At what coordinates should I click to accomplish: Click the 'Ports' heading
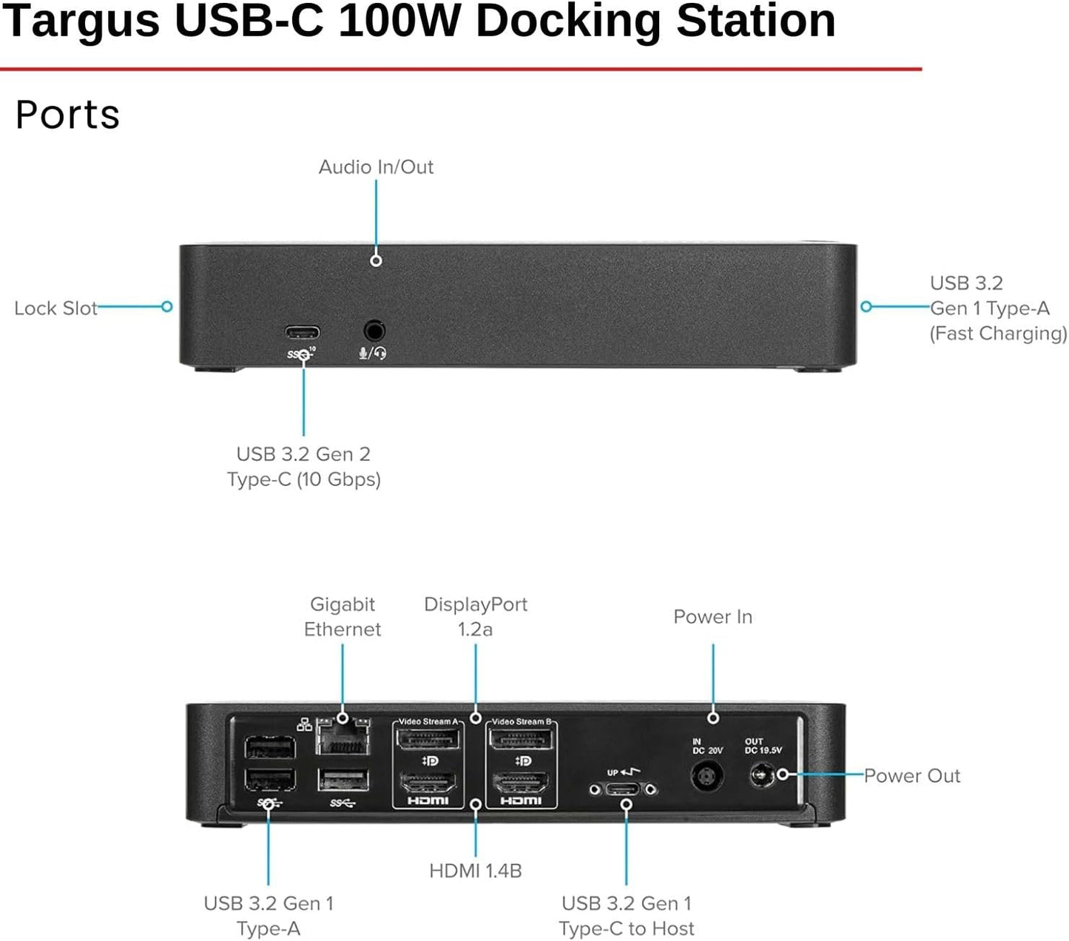pos(67,115)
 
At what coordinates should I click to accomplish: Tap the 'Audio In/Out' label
pos(376,167)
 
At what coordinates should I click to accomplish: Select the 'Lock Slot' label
pos(55,308)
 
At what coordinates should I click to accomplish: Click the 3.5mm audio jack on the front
pos(374,330)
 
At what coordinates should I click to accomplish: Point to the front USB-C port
pos(303,332)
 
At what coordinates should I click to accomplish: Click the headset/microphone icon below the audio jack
pos(373,354)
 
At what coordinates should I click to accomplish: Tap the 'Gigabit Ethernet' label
pos(343,617)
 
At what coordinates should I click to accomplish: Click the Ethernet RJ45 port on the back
pos(343,738)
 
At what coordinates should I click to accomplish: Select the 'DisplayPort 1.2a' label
pos(476,617)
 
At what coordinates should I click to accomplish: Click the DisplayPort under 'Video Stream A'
pos(428,739)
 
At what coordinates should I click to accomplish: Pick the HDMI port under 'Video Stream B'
pos(521,782)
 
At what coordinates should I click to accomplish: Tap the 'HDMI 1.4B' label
pos(476,871)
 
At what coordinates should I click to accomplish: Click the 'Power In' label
pos(712,617)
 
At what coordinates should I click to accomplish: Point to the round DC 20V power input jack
pos(706,777)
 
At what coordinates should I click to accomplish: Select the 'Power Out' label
pos(911,775)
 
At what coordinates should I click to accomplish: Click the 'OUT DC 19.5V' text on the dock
pos(763,746)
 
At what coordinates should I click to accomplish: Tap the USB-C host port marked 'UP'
pos(622,789)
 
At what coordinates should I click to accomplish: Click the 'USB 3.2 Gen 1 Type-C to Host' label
pos(627,916)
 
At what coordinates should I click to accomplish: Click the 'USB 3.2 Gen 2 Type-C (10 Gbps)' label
pos(303,467)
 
